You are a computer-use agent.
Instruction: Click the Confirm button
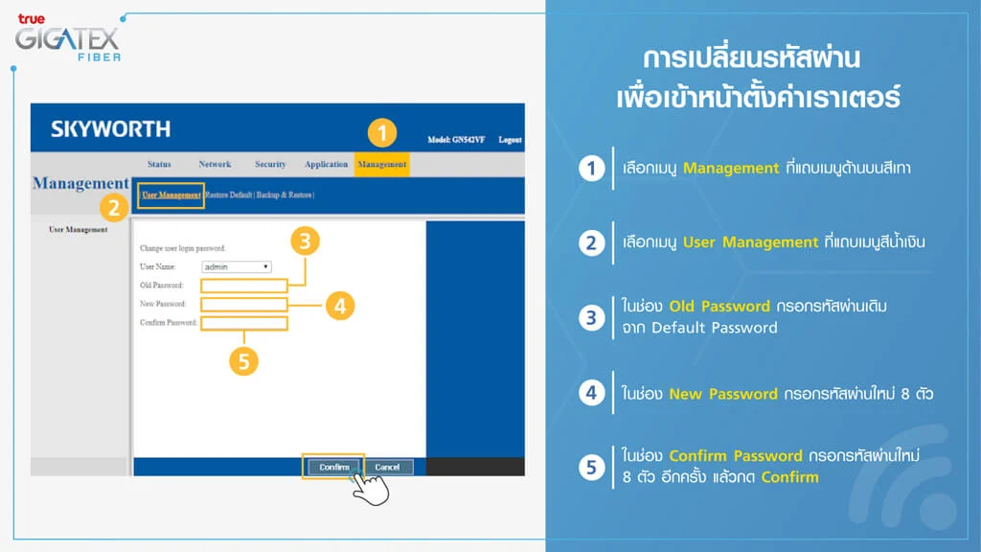click(334, 467)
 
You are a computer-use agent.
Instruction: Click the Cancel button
click(387, 467)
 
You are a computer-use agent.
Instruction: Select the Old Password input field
click(243, 286)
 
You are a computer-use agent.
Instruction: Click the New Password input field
click(243, 305)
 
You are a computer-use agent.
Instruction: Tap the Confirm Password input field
click(243, 324)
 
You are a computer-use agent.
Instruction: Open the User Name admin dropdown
click(237, 266)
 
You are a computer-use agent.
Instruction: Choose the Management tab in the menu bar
click(381, 164)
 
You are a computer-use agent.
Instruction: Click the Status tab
click(160, 164)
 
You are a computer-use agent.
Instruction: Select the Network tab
click(215, 164)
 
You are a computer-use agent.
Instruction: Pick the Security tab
click(270, 164)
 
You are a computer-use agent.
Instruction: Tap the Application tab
click(326, 164)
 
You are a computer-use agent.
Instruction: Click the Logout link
click(510, 140)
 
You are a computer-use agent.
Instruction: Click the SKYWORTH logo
click(110, 128)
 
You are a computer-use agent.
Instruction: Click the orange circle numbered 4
click(339, 306)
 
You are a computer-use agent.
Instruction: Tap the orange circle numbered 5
click(244, 361)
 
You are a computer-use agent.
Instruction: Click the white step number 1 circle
click(592, 169)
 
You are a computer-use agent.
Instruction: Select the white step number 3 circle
click(592, 317)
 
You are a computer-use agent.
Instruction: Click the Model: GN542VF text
click(456, 140)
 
